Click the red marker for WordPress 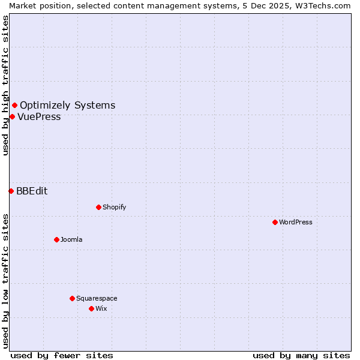point(275,222)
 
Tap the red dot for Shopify point(98,207)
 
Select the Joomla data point point(56,239)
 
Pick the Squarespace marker point(72,298)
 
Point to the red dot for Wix point(91,308)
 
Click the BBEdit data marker point(11,191)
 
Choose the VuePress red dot point(12,116)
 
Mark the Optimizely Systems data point point(14,106)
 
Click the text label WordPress point(296,222)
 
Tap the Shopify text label point(115,207)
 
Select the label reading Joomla point(71,239)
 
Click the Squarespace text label point(97,298)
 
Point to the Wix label point(101,308)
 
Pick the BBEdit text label point(32,191)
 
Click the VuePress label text point(39,117)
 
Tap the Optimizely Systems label point(68,106)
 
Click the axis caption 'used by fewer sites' point(62,355)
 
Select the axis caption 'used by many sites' point(301,355)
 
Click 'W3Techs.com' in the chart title point(326,5)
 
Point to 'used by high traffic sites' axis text point(5,85)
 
